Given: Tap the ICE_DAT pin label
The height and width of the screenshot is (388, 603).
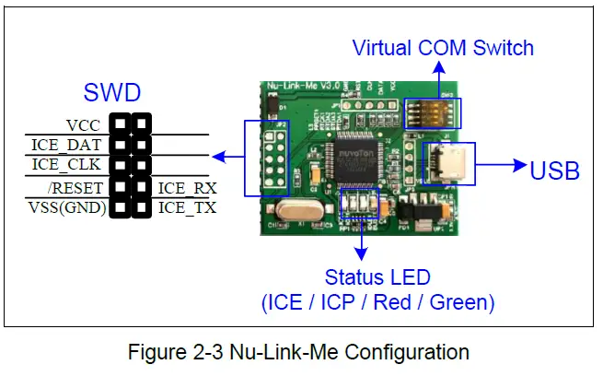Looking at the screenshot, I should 67,144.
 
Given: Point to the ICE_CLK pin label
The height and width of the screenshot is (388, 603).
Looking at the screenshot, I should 66,165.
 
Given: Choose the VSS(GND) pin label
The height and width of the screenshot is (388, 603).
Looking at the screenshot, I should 67,207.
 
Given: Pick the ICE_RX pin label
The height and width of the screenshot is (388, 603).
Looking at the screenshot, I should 187,188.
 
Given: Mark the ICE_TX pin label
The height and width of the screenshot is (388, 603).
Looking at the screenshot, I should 187,207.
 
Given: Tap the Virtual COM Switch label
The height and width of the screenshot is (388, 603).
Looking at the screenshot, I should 443,47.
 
